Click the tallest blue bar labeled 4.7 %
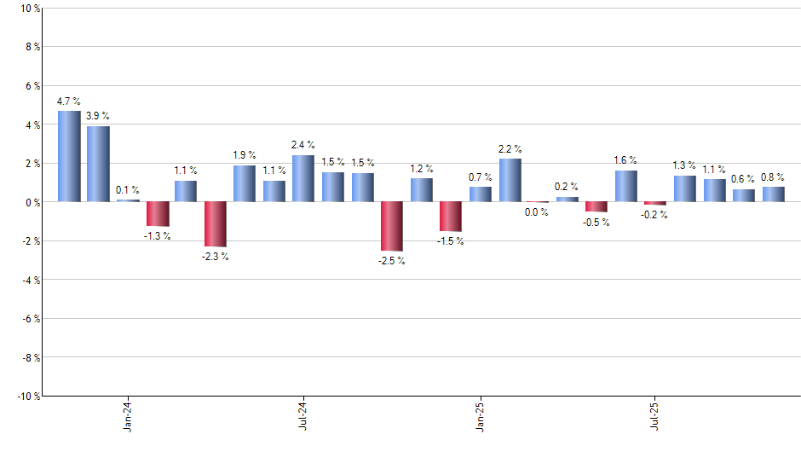69,156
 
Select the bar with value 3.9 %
98,164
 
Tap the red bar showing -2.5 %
392,226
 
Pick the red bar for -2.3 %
216,223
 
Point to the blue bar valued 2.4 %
303,178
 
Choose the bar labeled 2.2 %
510,180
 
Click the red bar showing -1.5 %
451,216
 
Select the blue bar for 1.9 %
245,183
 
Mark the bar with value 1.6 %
626,186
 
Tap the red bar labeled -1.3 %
158,214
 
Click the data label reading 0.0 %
537,212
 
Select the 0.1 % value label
128,189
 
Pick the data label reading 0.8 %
774,177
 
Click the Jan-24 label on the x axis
128,418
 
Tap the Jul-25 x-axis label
654,418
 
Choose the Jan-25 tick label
480,418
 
